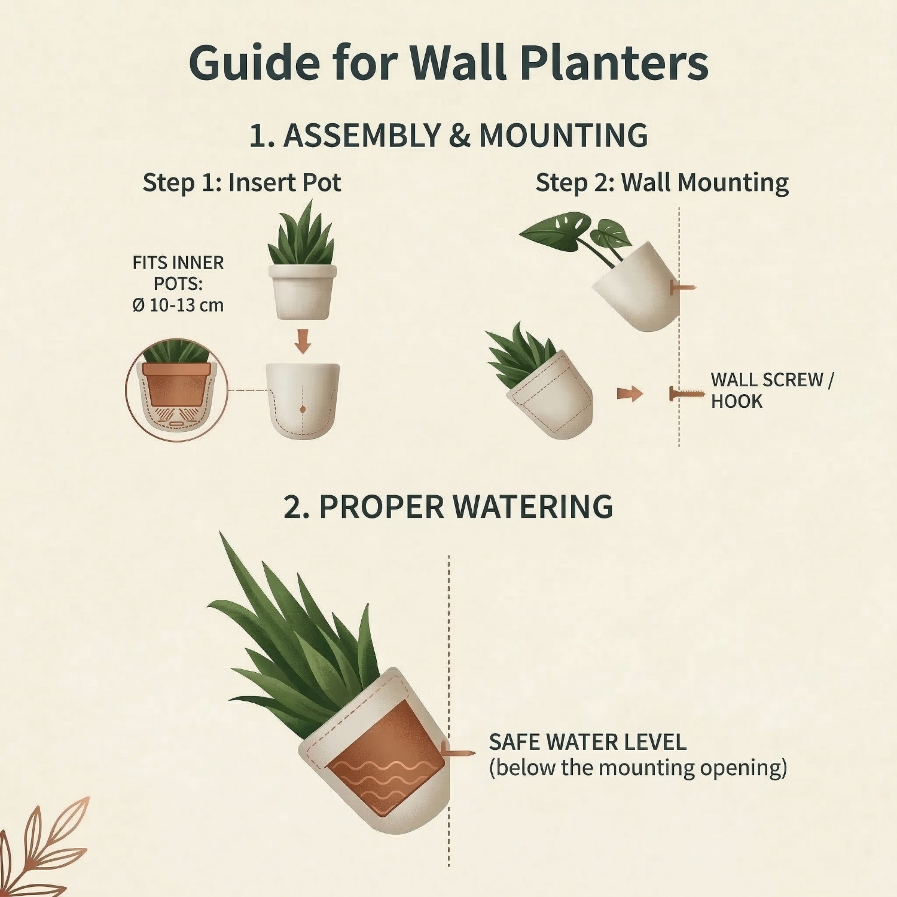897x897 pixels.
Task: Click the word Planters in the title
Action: (x=614, y=63)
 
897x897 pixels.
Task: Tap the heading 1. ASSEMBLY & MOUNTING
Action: (x=448, y=135)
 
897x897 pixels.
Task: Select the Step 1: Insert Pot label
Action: (x=242, y=182)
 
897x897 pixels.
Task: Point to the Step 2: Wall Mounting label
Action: (x=662, y=183)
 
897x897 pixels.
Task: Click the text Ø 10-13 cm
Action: (x=178, y=305)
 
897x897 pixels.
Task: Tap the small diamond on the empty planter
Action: (x=303, y=409)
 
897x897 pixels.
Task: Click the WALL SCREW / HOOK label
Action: (x=771, y=390)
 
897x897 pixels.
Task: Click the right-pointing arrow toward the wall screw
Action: (x=630, y=393)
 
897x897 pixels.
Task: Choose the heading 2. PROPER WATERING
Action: (x=448, y=507)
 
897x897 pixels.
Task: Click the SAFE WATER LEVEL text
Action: (x=588, y=742)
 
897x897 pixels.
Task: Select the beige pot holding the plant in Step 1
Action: (x=303, y=292)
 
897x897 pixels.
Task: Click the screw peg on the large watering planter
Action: (x=457, y=752)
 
